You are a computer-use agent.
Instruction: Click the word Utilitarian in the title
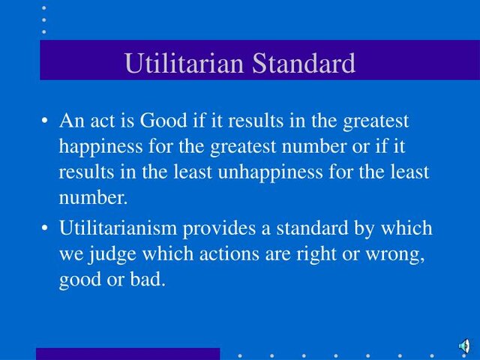point(184,63)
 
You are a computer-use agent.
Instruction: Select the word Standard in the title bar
point(304,63)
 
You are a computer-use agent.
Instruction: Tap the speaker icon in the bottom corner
point(464,346)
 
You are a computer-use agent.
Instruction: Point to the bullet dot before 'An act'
point(46,121)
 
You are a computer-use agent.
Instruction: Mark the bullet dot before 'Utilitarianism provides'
point(46,228)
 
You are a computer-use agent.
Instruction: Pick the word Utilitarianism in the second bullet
point(124,227)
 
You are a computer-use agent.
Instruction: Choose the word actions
point(232,253)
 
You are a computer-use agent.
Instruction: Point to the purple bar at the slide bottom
point(127,353)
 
